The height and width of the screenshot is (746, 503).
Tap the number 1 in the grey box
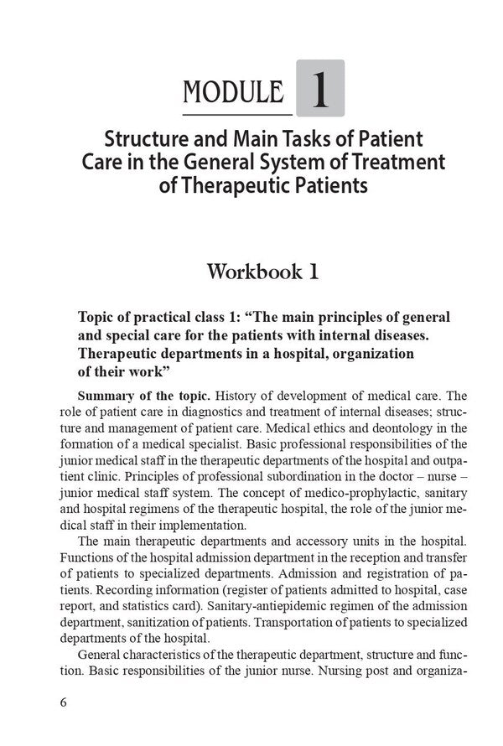(319, 88)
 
